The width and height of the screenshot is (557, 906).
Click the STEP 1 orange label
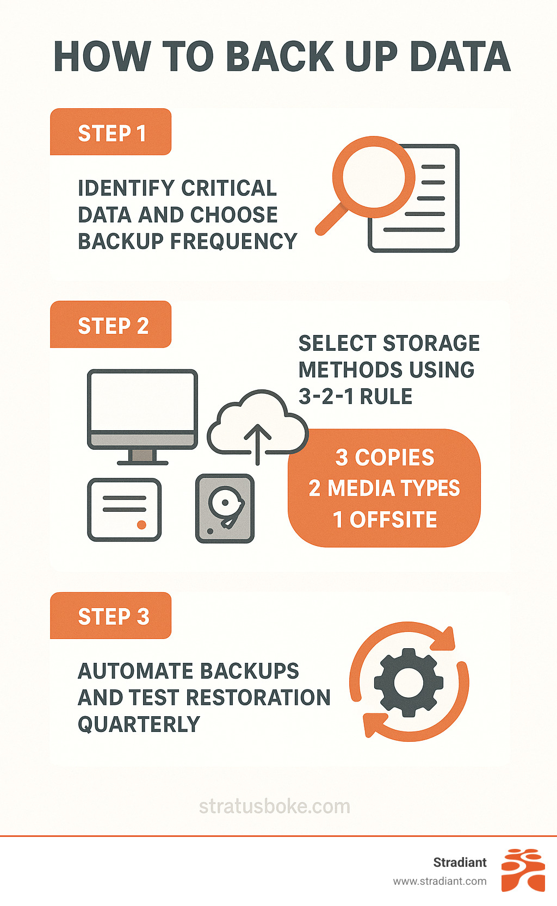click(x=111, y=133)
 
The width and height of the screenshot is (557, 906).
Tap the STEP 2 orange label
click(x=111, y=325)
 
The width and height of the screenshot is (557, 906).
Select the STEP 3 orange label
click(x=111, y=616)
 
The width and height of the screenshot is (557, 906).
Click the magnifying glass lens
click(x=373, y=175)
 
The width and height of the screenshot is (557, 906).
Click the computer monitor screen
click(x=143, y=401)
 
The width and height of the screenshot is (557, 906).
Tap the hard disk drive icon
click(x=225, y=508)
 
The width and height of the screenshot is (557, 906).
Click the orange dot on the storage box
click(x=141, y=525)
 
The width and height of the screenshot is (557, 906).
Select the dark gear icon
click(x=409, y=682)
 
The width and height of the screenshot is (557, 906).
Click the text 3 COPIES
click(x=385, y=457)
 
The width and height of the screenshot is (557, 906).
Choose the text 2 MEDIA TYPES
click(x=384, y=488)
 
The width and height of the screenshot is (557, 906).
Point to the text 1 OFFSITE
click(x=385, y=519)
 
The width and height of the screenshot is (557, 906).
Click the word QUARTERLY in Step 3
click(x=139, y=724)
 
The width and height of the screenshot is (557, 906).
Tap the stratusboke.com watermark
click(x=275, y=806)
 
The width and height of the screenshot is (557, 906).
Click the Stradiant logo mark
click(x=523, y=870)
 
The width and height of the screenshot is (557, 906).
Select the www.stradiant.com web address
click(x=440, y=881)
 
